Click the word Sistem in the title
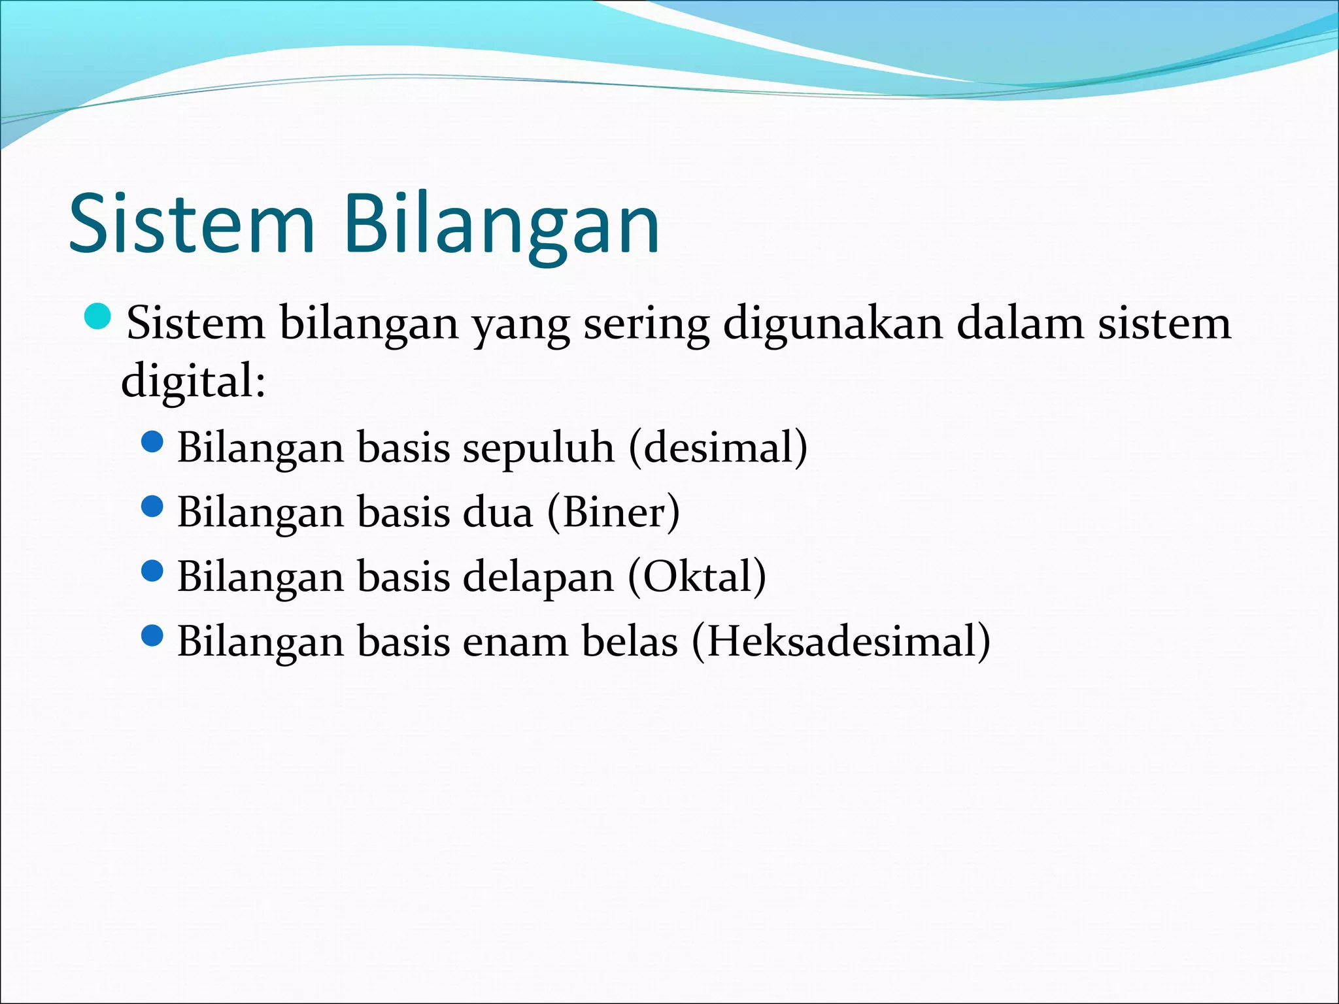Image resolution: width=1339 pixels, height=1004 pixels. (x=192, y=224)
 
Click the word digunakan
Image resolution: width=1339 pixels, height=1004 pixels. (x=832, y=323)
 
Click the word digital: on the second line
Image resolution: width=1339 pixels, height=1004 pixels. (x=194, y=382)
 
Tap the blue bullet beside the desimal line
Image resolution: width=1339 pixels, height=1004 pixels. (x=152, y=443)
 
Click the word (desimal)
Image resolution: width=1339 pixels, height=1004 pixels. (x=718, y=448)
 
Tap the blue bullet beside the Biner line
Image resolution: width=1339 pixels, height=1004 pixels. (x=152, y=507)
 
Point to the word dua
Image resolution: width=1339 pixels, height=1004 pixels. (x=498, y=512)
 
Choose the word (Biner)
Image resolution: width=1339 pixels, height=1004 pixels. (x=613, y=512)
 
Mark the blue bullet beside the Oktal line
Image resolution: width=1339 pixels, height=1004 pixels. (x=152, y=571)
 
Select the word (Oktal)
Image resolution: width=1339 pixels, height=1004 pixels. (x=697, y=577)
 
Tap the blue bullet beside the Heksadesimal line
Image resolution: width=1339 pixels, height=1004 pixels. (x=152, y=635)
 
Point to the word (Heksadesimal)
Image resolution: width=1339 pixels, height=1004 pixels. (x=841, y=641)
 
